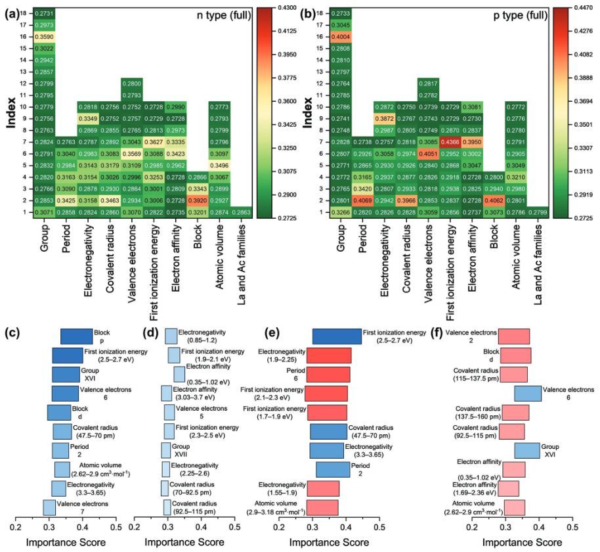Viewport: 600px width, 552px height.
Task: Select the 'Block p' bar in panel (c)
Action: [x=77, y=336]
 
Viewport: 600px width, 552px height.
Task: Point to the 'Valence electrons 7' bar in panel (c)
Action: [x=49, y=507]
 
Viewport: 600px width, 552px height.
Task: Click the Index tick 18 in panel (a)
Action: [x=24, y=13]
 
